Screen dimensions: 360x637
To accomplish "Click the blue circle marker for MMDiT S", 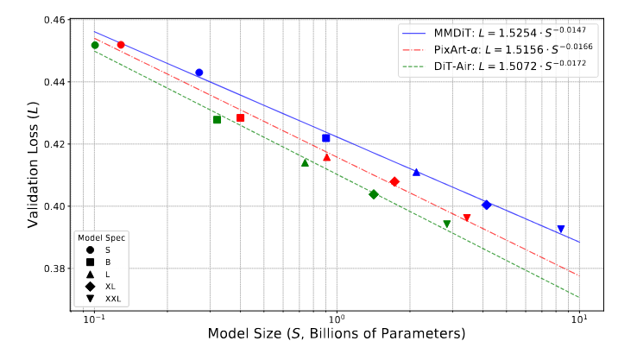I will pyautogui.click(x=199, y=73).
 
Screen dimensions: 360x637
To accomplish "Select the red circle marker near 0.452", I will pyautogui.click(x=121, y=45).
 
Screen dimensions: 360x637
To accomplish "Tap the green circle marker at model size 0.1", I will pyautogui.click(x=95, y=45).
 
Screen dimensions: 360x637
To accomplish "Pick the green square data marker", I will pyautogui.click(x=218, y=119).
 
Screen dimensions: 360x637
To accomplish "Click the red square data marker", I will pyautogui.click(x=241, y=117).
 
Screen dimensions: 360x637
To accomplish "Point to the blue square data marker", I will pyautogui.click(x=326, y=138).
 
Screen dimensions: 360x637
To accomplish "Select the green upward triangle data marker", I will pyautogui.click(x=305, y=162).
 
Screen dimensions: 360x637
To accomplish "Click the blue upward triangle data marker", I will pyautogui.click(x=416, y=172).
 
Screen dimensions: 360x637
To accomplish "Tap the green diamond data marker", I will pyautogui.click(x=374, y=194).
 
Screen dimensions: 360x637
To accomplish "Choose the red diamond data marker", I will pyautogui.click(x=394, y=181).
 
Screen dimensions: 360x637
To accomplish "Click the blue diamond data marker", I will pyautogui.click(x=487, y=205).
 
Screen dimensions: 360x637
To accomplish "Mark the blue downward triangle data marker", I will pyautogui.click(x=561, y=229).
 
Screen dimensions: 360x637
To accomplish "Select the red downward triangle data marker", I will pyautogui.click(x=467, y=218).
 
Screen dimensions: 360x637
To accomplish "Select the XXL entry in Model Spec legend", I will pyautogui.click(x=113, y=299).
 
